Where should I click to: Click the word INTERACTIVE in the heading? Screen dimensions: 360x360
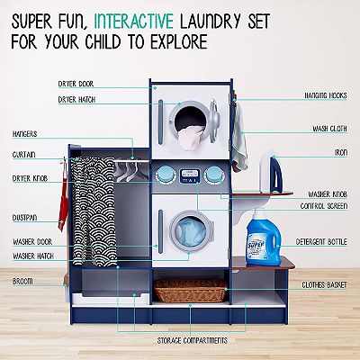pyautogui.click(x=134, y=21)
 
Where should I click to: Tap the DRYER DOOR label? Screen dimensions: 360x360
pyautogui.click(x=76, y=84)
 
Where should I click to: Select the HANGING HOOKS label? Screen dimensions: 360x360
pyautogui.click(x=326, y=95)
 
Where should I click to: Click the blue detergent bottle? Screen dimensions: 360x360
pyautogui.click(x=264, y=238)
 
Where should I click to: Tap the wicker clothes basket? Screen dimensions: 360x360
pyautogui.click(x=191, y=290)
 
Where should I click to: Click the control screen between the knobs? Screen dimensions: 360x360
pyautogui.click(x=189, y=175)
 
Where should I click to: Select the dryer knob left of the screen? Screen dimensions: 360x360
pyautogui.click(x=164, y=175)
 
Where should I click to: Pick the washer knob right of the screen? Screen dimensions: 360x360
pyautogui.click(x=213, y=175)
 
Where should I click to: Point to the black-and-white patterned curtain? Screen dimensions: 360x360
pyautogui.click(x=93, y=211)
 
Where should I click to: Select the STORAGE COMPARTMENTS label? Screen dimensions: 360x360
pyautogui.click(x=193, y=341)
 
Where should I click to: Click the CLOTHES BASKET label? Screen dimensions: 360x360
pyautogui.click(x=324, y=284)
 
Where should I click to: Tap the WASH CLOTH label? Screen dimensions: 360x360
pyautogui.click(x=329, y=129)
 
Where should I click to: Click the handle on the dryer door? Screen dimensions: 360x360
pyautogui.click(x=160, y=121)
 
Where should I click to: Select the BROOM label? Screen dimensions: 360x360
pyautogui.click(x=22, y=282)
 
